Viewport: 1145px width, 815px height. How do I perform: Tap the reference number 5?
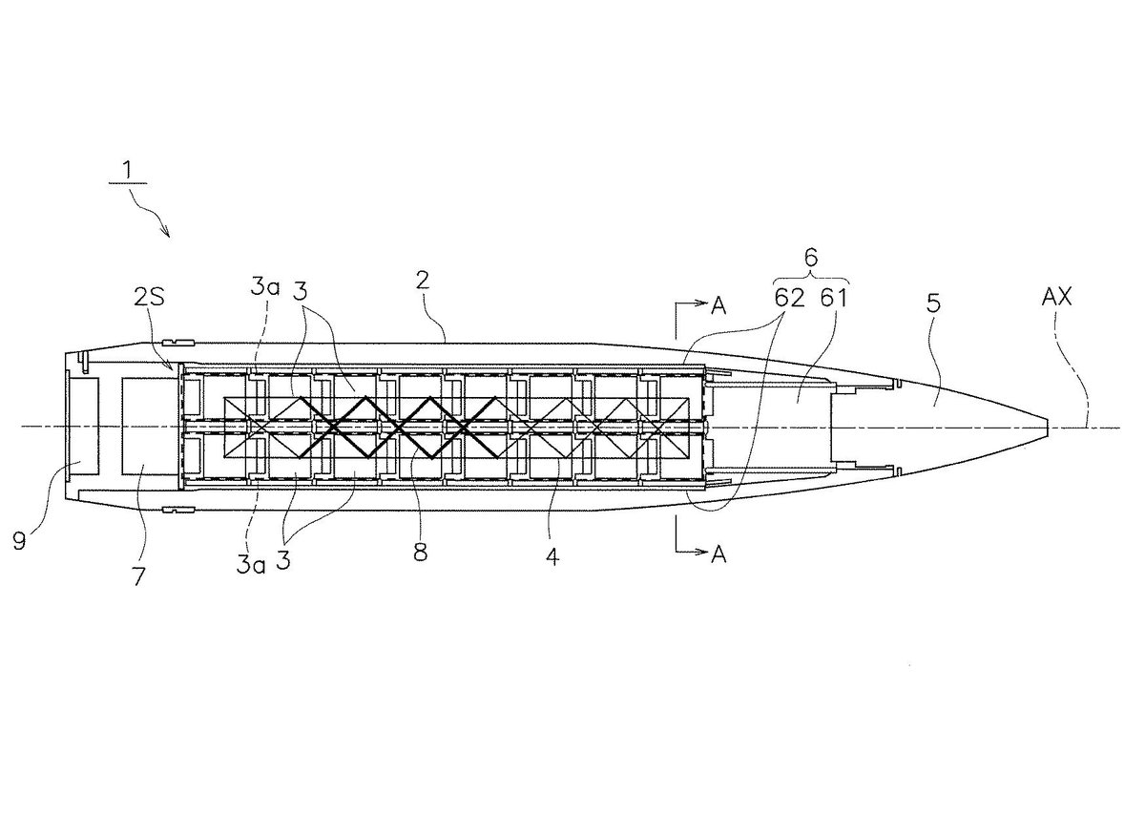point(933,303)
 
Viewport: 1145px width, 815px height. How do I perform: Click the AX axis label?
point(1056,297)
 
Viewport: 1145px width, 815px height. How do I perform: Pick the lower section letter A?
point(718,554)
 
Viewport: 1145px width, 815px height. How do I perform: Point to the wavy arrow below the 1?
point(153,216)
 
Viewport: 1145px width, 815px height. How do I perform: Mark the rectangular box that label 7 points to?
point(151,426)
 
